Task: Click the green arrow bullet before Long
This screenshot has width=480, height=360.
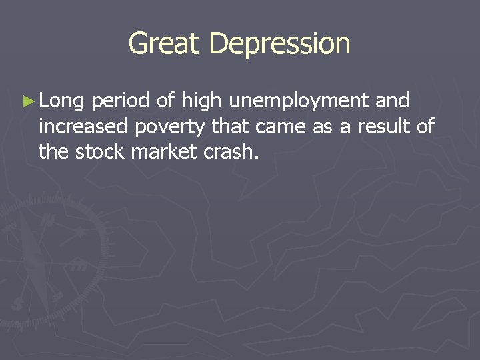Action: pos(27,102)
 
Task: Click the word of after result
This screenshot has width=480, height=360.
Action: pos(425,127)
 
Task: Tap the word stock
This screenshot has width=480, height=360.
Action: pos(99,152)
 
